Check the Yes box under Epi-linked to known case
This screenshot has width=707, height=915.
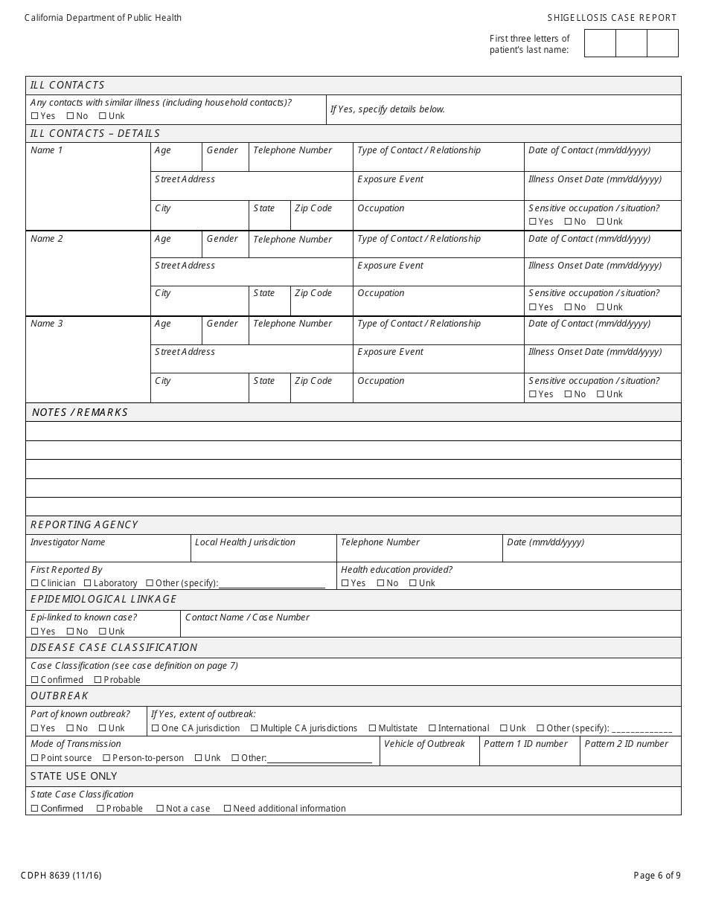[x=34, y=632]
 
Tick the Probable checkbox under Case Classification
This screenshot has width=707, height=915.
[x=97, y=680]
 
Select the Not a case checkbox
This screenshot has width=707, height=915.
[x=160, y=809]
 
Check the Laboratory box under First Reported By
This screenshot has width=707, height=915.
[x=88, y=583]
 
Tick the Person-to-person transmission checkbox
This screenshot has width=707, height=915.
[x=106, y=758]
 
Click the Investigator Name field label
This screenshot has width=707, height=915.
[x=68, y=542]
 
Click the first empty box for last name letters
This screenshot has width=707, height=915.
[x=600, y=43]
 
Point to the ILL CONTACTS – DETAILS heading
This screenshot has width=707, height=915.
[x=95, y=133]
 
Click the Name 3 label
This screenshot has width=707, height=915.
[x=47, y=324]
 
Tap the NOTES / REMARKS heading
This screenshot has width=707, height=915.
[x=80, y=412]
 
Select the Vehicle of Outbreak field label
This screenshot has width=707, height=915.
[x=424, y=744]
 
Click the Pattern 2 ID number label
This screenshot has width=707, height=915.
[x=626, y=744]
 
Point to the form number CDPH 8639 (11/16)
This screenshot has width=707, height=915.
[x=63, y=876]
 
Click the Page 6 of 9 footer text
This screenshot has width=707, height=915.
[x=656, y=876]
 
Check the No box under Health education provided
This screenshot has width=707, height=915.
[x=380, y=583]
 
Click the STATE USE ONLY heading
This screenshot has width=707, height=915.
[x=74, y=776]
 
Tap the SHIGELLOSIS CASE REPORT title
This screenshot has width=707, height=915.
[x=612, y=18]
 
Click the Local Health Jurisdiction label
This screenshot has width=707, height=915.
[x=245, y=542]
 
